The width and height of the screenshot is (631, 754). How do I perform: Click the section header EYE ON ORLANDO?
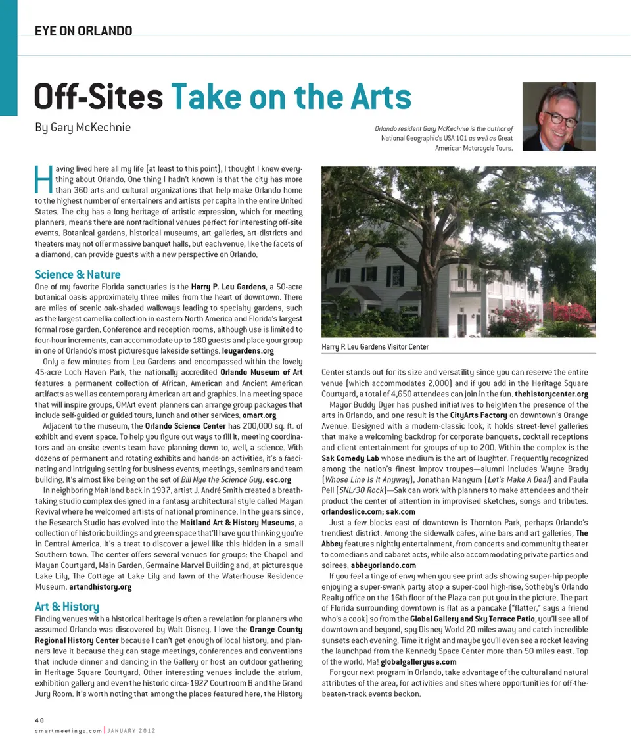83,31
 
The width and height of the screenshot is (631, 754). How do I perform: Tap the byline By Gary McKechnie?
83,127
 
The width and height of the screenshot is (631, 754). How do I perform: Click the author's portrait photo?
559,116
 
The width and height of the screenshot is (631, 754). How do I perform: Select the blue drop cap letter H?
41,179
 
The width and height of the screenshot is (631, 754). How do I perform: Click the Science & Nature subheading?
78,274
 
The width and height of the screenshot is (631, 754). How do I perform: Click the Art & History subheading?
66,606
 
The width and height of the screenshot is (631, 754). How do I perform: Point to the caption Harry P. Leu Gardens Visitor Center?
375,346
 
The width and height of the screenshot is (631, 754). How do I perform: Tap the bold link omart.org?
260,415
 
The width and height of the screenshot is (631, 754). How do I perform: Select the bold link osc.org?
278,480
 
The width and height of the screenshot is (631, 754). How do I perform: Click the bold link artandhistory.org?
100,586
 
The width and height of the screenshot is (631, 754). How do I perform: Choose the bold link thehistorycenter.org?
551,394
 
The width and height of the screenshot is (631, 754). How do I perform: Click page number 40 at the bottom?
40,720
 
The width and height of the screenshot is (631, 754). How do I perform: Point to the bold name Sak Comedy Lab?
354,458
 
